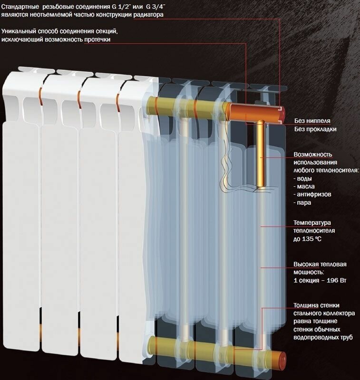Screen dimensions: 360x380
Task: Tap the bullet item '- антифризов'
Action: tap(312, 195)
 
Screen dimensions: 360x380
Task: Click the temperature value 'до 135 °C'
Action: tap(307, 239)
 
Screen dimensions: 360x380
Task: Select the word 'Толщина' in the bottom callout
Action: tap(307, 305)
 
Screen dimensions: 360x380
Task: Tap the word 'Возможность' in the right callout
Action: tap(312, 155)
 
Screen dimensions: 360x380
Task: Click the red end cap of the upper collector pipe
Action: tap(282, 114)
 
